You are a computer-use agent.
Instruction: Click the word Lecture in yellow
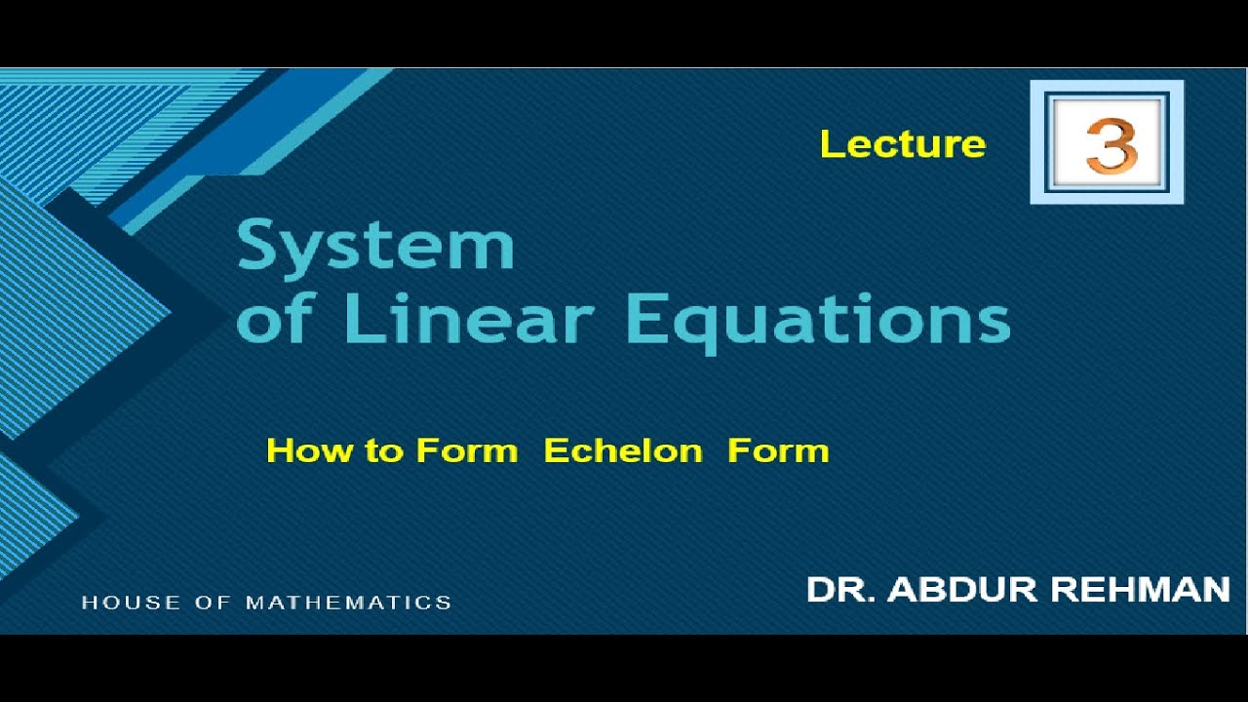tap(903, 144)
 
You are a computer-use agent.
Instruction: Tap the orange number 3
tap(1111, 145)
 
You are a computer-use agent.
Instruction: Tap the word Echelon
tap(623, 450)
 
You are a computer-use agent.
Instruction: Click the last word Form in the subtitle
tap(778, 450)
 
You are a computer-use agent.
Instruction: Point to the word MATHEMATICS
tap(348, 603)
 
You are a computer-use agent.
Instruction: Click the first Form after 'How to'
tap(467, 450)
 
